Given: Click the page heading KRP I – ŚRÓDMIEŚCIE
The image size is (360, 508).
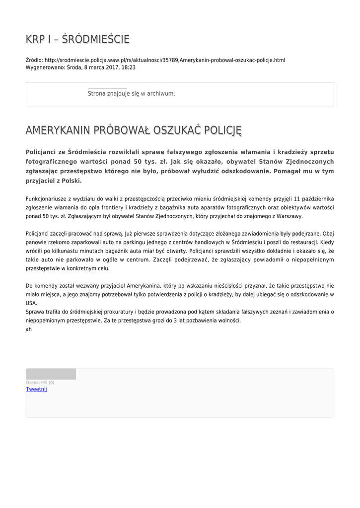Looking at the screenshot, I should pos(77,39).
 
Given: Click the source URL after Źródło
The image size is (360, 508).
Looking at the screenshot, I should pos(165,60).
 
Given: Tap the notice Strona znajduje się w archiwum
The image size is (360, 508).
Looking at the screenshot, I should pos(131,93).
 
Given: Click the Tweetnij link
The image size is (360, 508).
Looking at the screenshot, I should pos(36,389).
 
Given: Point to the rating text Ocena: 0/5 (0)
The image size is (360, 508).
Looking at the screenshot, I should pos(40,382).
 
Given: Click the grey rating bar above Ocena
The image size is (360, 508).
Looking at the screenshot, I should pos(51,374).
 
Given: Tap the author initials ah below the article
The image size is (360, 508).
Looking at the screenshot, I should pos(28,329).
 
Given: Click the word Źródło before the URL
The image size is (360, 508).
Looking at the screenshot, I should pos(34,60).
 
